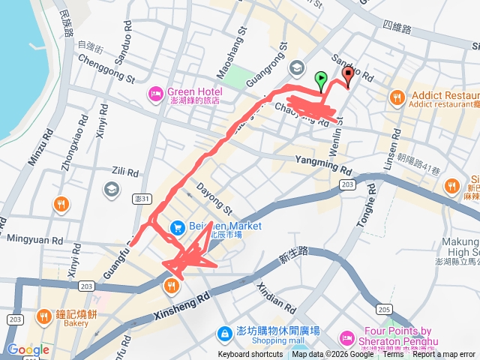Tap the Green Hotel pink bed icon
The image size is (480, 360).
(x=156, y=93)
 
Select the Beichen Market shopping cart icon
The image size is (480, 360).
(x=177, y=226)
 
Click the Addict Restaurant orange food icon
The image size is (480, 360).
(x=397, y=97)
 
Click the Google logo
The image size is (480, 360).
(x=28, y=349)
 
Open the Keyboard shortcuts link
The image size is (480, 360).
(x=250, y=355)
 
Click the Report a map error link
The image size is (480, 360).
(x=444, y=355)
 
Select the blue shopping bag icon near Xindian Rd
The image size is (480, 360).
(x=224, y=333)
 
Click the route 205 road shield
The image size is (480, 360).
(x=385, y=310)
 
